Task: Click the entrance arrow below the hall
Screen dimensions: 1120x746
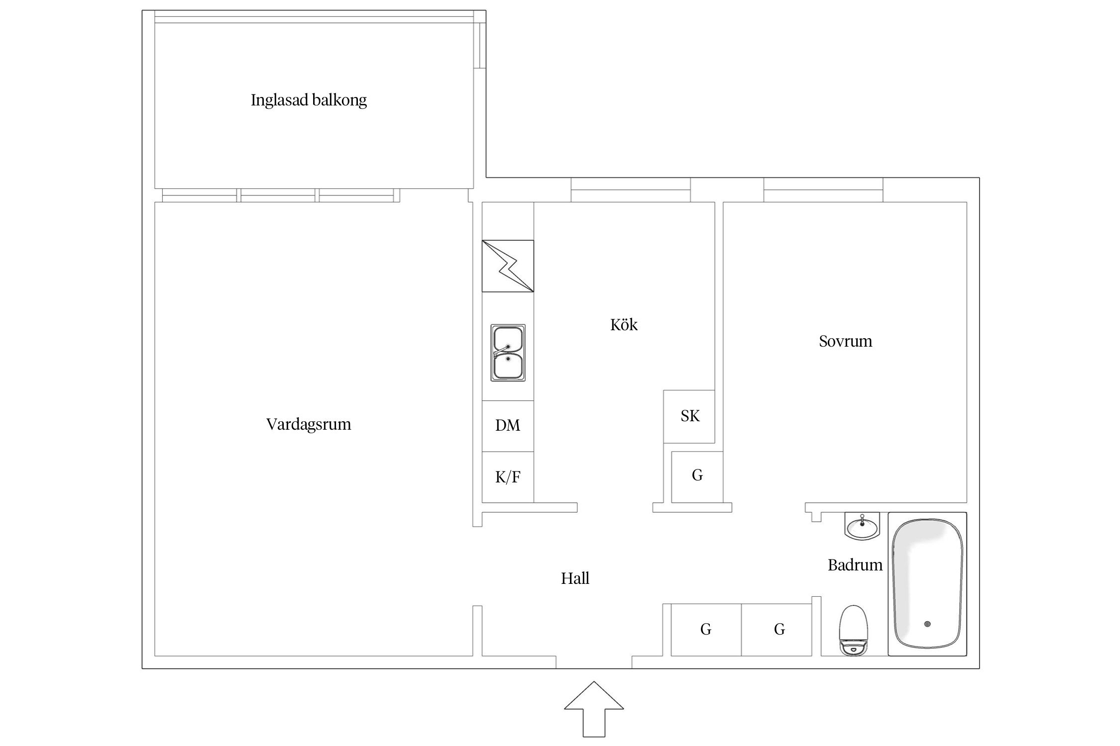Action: [x=594, y=709]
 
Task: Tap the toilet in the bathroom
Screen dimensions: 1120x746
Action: [x=854, y=630]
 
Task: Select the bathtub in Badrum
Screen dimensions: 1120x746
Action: [x=927, y=584]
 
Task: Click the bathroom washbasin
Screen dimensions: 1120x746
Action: [x=862, y=526]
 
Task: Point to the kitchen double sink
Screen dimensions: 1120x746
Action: [x=508, y=353]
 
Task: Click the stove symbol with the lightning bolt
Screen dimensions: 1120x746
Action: [x=508, y=266]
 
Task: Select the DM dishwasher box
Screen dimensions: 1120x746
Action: [x=508, y=426]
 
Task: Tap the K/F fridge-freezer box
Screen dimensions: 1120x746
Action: [x=508, y=477]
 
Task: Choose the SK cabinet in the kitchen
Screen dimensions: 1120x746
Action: [x=689, y=416]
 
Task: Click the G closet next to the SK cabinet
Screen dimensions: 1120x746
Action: [x=697, y=477]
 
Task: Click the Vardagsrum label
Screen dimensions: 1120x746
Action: [x=309, y=424]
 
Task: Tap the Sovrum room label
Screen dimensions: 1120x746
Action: [x=846, y=341]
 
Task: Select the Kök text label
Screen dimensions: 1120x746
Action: [x=624, y=324]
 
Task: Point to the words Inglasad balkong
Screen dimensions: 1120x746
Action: [x=309, y=100]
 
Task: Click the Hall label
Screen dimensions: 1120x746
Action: [x=575, y=578]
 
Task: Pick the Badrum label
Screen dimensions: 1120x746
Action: [x=855, y=564]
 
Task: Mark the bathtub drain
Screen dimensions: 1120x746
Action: [x=927, y=624]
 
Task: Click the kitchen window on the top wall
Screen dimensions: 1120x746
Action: [x=631, y=190]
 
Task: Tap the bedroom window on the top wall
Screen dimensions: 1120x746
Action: [x=823, y=190]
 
